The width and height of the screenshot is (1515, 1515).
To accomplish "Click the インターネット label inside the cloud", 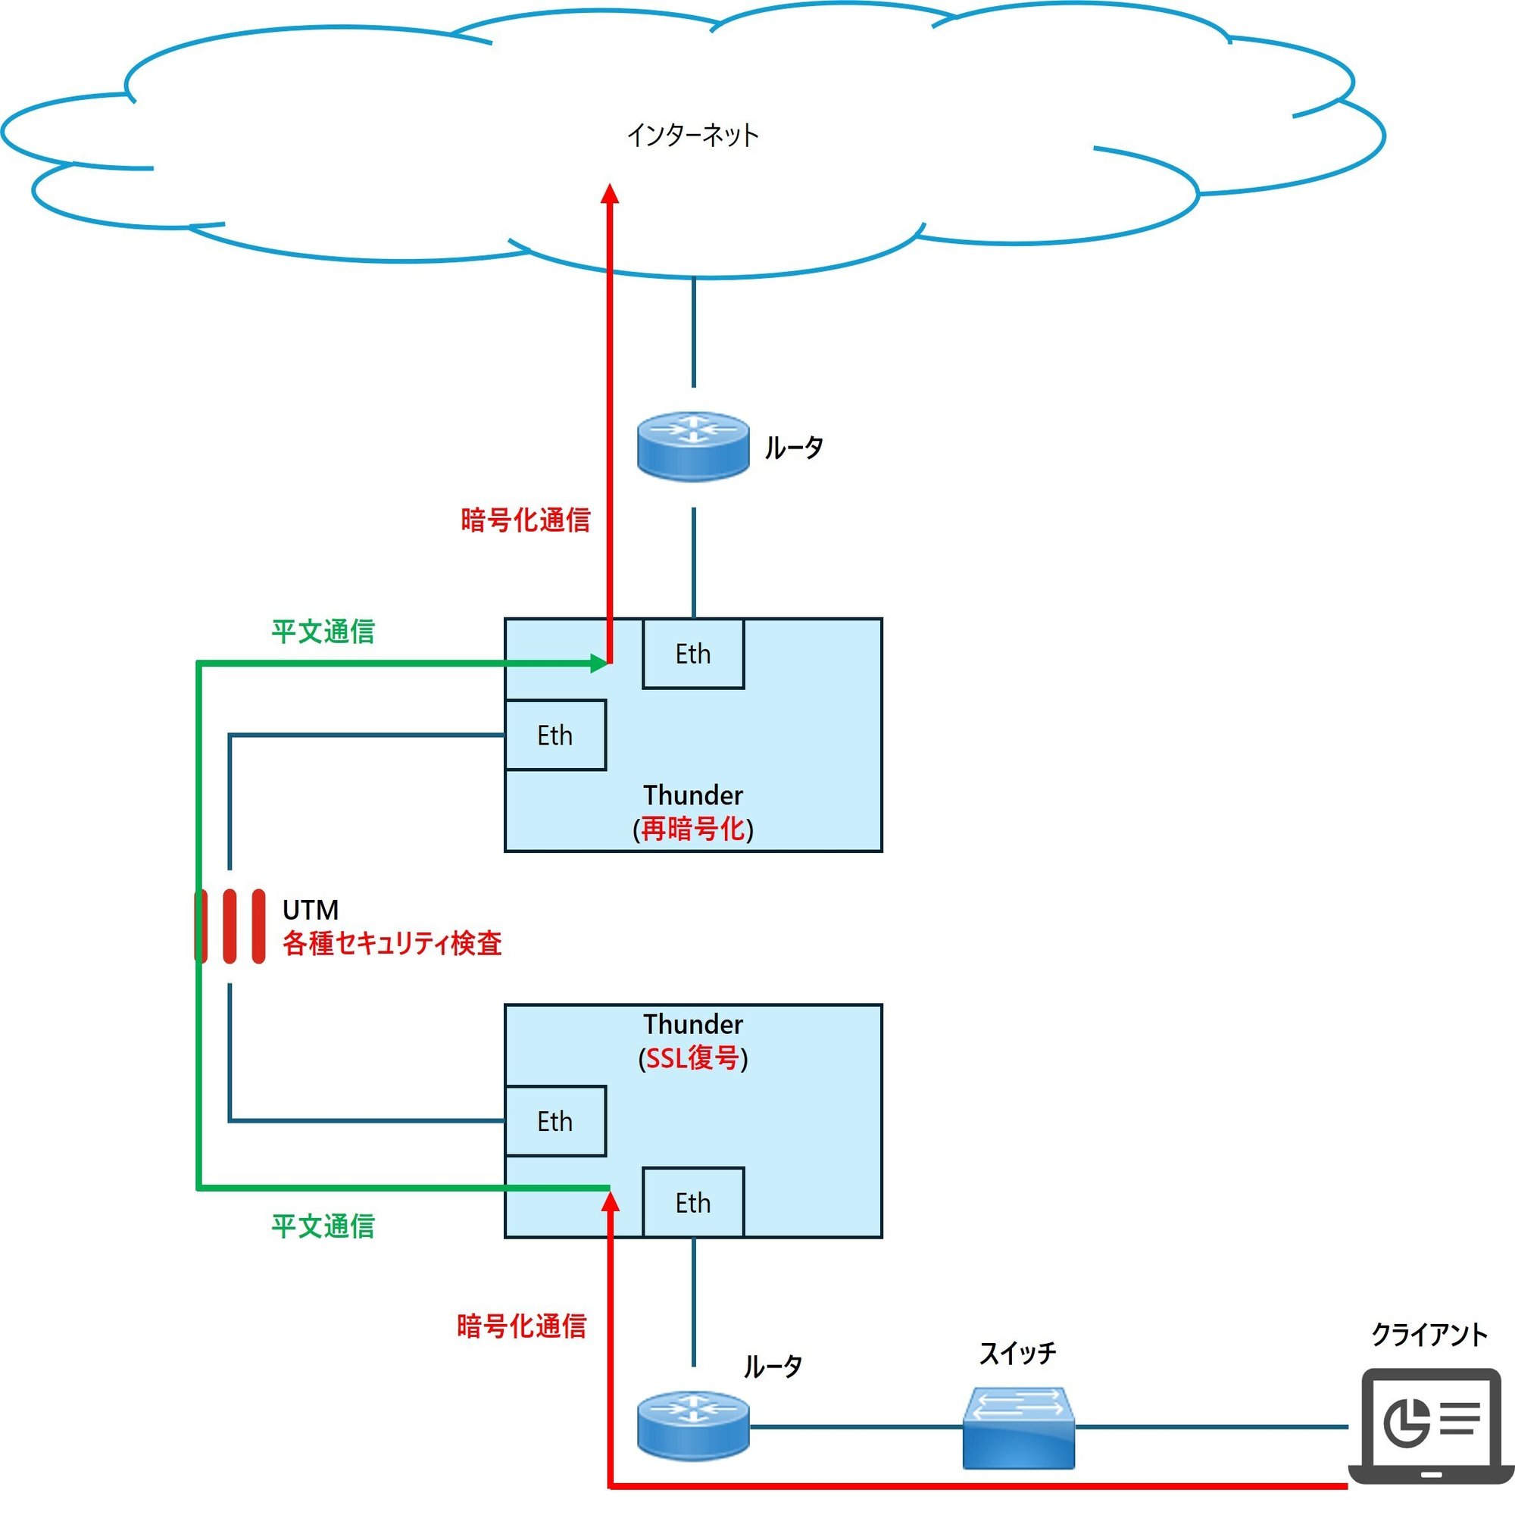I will click(692, 136).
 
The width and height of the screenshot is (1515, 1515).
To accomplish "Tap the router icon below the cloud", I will click(693, 447).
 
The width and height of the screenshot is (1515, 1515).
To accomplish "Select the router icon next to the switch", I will click(693, 1426).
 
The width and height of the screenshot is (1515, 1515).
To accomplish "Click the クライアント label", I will click(1429, 1335).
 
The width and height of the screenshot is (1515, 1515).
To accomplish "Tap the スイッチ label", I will click(1017, 1353).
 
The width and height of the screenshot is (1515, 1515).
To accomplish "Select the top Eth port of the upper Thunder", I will click(693, 654).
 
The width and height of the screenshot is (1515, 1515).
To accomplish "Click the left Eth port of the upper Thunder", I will click(555, 736).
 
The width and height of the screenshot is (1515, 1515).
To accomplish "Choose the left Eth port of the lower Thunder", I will click(555, 1121).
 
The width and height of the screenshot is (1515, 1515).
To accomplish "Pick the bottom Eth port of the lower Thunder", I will click(693, 1203).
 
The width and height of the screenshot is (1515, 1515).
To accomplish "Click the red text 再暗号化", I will click(693, 829).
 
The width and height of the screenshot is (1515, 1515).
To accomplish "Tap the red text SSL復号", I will click(693, 1059).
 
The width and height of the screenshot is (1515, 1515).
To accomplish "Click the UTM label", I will click(311, 910).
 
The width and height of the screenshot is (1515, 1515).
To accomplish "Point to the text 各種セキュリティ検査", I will click(392, 943).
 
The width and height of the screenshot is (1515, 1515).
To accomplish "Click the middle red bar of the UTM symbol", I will click(230, 926).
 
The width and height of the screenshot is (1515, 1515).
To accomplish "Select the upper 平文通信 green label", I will click(323, 631).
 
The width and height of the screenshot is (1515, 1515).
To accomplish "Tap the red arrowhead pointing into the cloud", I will click(610, 193).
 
